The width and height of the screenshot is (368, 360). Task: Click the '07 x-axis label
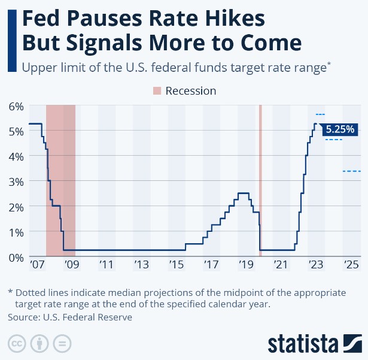point(37,264)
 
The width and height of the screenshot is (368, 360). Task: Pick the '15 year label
point(177,264)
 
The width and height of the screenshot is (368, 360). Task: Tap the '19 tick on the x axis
point(245,264)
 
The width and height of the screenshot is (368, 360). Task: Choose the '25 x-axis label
point(351,264)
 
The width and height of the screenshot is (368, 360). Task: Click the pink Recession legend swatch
point(157,91)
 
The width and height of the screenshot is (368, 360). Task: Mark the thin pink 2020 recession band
point(260,180)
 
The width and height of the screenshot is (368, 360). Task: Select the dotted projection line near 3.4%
point(351,171)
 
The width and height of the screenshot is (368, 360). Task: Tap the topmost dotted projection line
point(320,114)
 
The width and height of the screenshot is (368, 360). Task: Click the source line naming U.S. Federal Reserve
point(69,317)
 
